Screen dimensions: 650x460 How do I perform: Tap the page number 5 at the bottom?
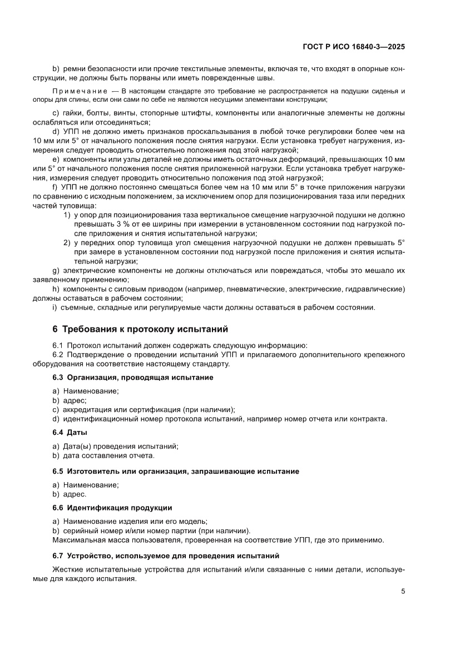(x=402, y=591)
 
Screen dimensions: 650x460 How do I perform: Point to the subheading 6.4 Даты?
(x=70, y=432)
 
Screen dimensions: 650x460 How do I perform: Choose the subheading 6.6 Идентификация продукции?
(x=112, y=507)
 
